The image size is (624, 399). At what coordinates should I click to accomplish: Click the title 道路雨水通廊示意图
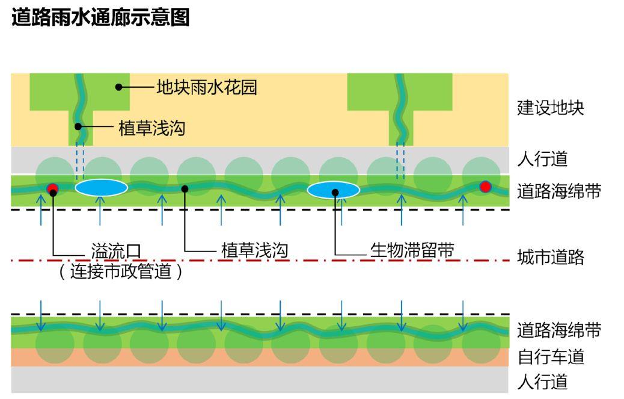click(x=100, y=18)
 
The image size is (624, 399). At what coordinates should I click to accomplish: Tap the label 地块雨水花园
click(x=206, y=88)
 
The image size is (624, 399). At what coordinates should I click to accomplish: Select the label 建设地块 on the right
click(x=550, y=108)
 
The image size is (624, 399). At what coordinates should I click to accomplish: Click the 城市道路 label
click(x=550, y=258)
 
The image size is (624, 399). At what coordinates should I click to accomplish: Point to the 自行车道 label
click(x=550, y=357)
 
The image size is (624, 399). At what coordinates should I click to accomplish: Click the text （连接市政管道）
click(x=121, y=272)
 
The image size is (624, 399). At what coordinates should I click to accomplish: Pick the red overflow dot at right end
click(x=485, y=187)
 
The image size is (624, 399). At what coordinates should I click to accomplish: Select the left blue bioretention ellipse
click(x=101, y=188)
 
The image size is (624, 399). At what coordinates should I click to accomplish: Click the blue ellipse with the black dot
click(x=333, y=190)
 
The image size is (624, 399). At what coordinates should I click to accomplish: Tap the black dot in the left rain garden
click(x=119, y=87)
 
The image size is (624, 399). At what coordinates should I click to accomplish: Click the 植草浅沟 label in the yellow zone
click(x=151, y=128)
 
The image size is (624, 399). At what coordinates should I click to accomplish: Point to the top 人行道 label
click(x=542, y=159)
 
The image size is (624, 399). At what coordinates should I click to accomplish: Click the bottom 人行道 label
click(x=542, y=382)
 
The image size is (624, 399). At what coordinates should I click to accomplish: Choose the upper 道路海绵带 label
click(x=558, y=192)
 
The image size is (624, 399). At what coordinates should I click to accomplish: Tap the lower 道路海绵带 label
click(x=558, y=330)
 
